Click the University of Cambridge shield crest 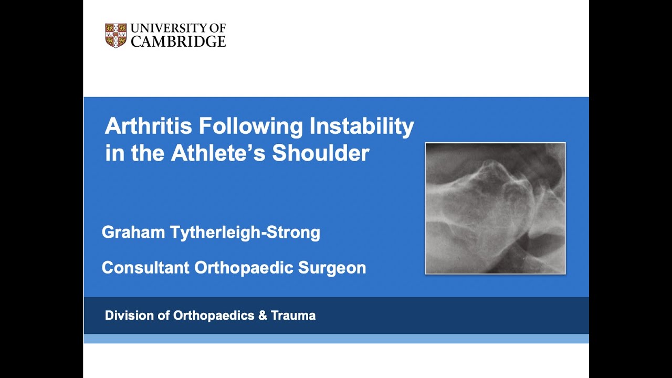[x=115, y=36]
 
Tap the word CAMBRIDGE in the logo [x=178, y=41]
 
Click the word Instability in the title [x=362, y=127]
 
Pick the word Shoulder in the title [x=321, y=153]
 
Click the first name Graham [x=133, y=232]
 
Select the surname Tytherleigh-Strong [x=245, y=232]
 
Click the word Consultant [x=145, y=268]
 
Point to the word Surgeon [x=332, y=268]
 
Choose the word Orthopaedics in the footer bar [x=213, y=316]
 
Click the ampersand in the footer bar [x=262, y=316]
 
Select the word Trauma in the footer [x=293, y=316]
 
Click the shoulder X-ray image [x=495, y=208]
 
